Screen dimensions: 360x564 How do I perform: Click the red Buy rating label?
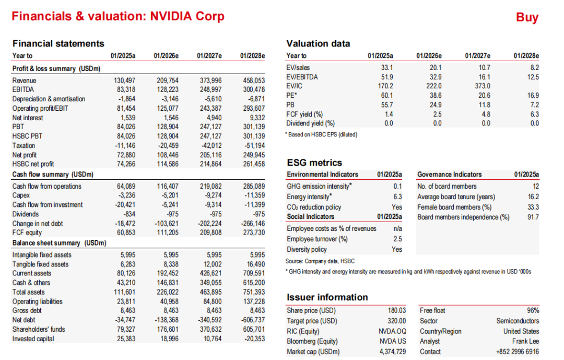[x=527, y=17]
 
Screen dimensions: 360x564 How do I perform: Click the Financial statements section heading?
[x=58, y=43]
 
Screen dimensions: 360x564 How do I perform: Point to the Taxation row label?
[x=23, y=146]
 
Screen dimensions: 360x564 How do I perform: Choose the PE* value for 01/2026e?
[x=434, y=96]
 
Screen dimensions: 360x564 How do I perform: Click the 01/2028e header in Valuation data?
[x=526, y=55]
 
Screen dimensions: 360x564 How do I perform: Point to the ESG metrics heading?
[x=314, y=162]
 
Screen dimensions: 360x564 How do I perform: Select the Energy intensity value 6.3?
[x=397, y=197]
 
